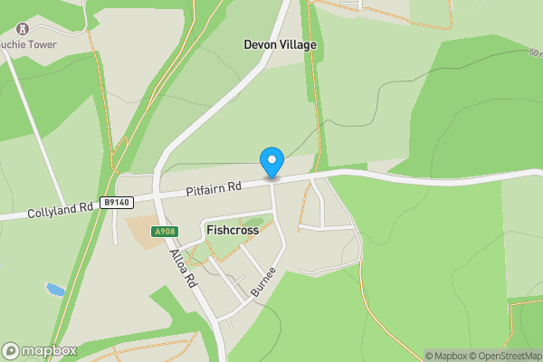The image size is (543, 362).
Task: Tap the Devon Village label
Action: (x=280, y=43)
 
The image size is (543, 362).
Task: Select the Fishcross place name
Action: (x=233, y=230)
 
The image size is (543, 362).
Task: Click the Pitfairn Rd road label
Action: (x=214, y=189)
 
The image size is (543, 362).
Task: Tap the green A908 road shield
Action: (x=164, y=232)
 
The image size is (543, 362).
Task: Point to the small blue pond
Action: (x=55, y=290)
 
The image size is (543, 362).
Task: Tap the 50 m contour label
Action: (x=535, y=53)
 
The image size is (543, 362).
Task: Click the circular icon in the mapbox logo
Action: (x=12, y=350)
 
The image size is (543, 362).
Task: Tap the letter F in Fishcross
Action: (x=210, y=230)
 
